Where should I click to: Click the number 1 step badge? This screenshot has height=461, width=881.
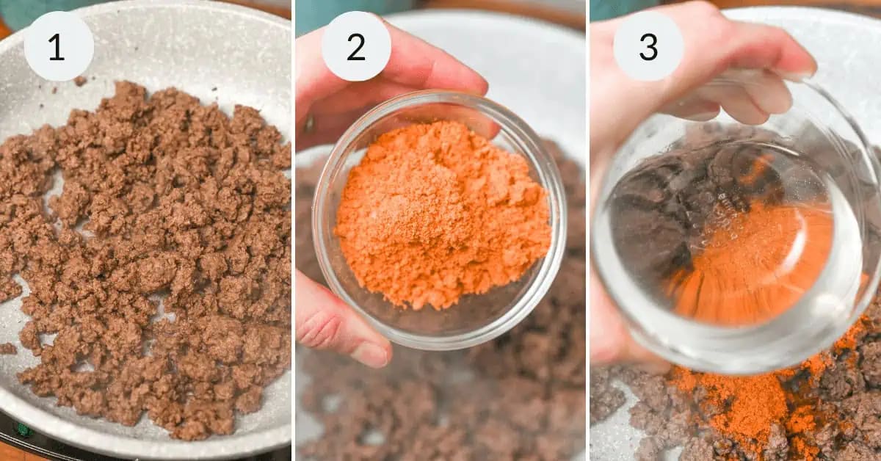click(59, 46)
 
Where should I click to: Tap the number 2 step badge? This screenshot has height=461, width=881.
click(356, 46)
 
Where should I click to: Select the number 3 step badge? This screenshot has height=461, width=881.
click(648, 46)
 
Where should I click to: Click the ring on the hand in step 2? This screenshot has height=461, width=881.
click(310, 123)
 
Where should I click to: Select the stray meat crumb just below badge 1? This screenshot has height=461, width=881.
click(80, 81)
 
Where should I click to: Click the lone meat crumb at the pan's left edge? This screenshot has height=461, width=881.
click(8, 349)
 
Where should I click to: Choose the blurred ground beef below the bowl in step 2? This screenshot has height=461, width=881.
click(440, 405)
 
